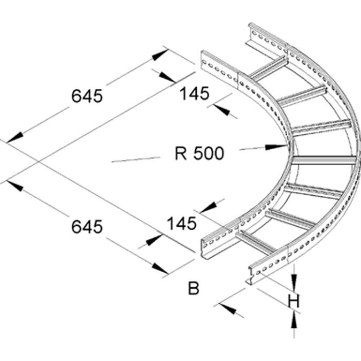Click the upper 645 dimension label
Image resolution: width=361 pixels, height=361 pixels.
[87, 96]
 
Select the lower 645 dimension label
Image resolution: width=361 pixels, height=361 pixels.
[87, 226]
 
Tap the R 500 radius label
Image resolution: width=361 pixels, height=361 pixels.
[199, 153]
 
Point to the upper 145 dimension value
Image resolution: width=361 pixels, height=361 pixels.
[194, 94]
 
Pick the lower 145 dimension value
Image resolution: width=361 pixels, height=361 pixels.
[181, 223]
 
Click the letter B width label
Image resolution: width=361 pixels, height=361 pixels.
[194, 289]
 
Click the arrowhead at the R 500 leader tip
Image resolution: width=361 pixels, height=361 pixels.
[279, 146]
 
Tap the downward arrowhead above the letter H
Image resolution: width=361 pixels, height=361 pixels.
[294, 281]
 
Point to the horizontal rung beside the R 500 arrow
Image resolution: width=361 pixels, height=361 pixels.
[324, 160]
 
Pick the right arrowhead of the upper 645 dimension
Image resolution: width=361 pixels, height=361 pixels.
[160, 55]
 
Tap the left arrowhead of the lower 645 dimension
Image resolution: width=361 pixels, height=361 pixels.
[15, 186]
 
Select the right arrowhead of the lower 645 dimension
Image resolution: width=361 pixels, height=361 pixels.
[160, 268]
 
